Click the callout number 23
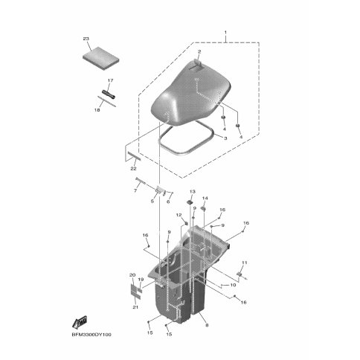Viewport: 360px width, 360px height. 86,39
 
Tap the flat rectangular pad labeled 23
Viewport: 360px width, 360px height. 100,59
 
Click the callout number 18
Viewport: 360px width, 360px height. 97,109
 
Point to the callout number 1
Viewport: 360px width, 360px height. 225,33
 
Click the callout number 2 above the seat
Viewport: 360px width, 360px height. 199,51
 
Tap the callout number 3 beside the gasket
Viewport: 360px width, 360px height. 225,138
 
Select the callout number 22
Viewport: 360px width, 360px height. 133,169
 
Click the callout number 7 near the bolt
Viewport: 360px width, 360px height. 135,190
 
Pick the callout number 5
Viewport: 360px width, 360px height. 152,201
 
